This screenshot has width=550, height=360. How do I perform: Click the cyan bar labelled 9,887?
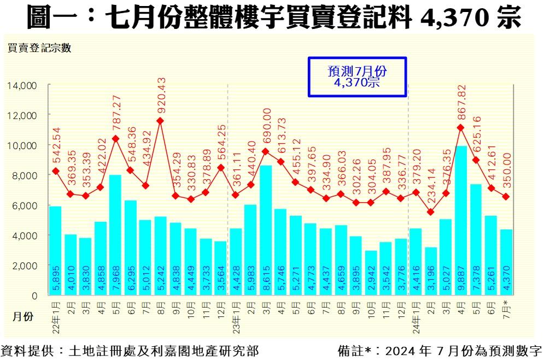461,219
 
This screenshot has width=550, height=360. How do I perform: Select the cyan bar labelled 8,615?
266,229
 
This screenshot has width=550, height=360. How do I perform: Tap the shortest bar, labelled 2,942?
371,273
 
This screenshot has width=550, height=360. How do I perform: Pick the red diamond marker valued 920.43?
160,121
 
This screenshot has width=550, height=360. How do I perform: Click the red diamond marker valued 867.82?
461,127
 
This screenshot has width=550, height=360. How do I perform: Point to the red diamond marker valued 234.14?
431,212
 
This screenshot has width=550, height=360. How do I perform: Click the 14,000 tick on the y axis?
22,86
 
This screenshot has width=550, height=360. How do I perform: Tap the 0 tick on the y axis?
34,296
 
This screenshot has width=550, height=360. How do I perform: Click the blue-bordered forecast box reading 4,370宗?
358,77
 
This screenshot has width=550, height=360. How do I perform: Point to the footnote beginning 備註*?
440,350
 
